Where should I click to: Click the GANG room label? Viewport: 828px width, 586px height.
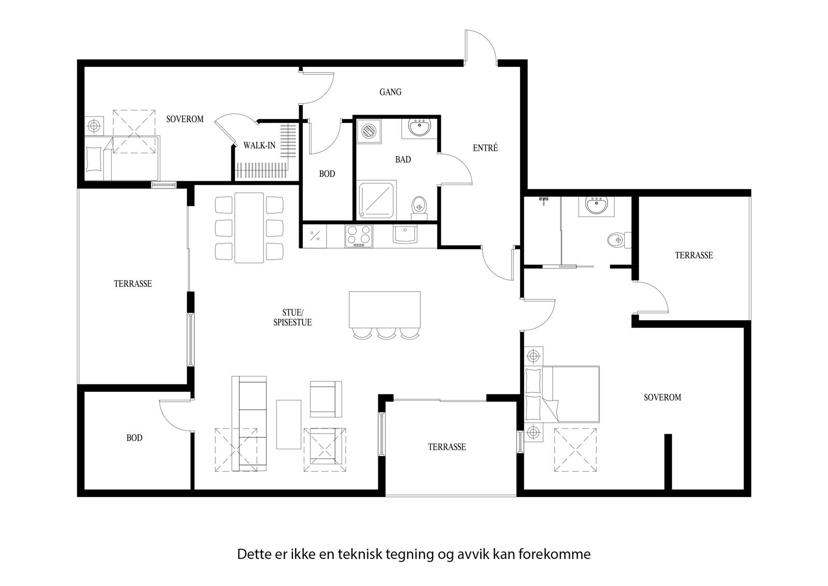point(390,92)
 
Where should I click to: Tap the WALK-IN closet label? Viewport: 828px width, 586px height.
point(259,146)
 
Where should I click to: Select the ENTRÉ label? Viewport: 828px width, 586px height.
point(485,148)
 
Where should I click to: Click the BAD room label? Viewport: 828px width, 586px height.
point(403,160)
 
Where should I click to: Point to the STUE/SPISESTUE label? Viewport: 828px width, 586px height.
point(292,317)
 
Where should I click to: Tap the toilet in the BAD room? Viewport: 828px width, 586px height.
point(419,206)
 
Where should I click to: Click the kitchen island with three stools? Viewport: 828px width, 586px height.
point(385,309)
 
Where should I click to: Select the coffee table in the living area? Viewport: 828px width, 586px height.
point(288,424)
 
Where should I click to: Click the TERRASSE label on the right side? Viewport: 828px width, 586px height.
point(693,255)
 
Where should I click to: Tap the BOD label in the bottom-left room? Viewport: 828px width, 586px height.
point(135,438)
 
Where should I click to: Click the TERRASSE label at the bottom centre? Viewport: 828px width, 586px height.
point(447,447)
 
